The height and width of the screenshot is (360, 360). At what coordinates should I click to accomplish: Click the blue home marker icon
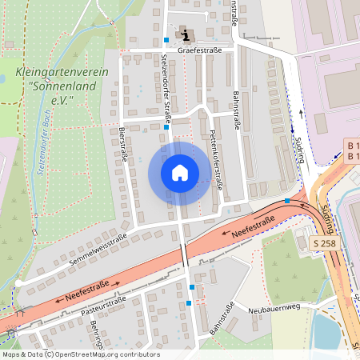pyautogui.click(x=180, y=172)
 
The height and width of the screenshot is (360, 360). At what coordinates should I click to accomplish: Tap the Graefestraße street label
pyautogui.click(x=199, y=49)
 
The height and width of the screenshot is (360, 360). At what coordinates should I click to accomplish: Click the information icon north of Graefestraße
pyautogui.click(x=186, y=34)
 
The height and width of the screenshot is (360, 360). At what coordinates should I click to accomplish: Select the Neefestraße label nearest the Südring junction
pyautogui.click(x=254, y=228)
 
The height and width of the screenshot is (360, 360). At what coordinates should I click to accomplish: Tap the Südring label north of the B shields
pyautogui.click(x=300, y=148)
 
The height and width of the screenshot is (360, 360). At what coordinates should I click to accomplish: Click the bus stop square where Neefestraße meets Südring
pyautogui.click(x=287, y=200)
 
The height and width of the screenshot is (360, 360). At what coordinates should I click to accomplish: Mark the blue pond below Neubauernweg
pyautogui.click(x=327, y=331)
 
